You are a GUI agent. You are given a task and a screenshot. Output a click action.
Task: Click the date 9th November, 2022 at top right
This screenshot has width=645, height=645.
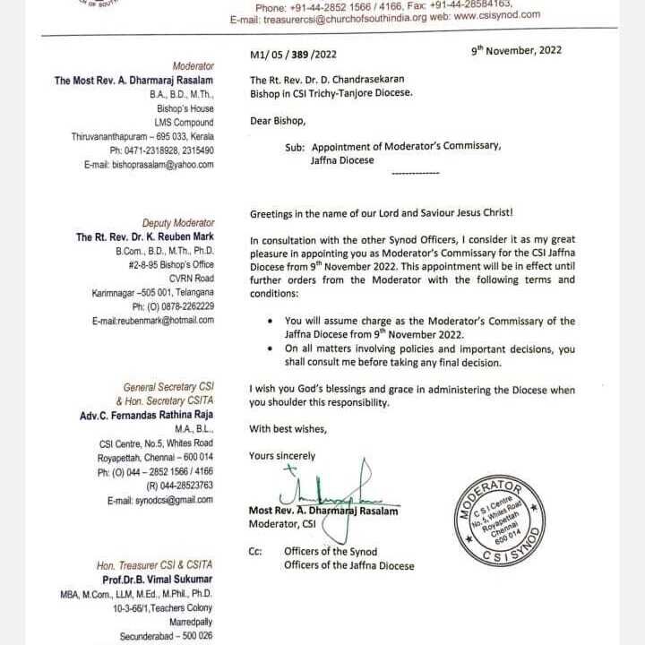pos(517,50)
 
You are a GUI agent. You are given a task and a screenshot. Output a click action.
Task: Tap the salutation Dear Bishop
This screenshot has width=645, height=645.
pos(278,121)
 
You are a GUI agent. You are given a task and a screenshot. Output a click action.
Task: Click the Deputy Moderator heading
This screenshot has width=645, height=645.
pos(178,223)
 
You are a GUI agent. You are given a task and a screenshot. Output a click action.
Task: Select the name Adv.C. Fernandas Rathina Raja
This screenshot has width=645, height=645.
pos(147,416)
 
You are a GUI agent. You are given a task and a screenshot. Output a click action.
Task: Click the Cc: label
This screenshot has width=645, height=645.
pos(256,552)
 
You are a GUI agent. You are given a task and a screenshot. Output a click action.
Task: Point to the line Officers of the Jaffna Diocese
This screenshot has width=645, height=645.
pos(349,565)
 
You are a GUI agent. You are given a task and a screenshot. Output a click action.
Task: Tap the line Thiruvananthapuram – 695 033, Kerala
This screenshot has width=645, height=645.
pos(142,136)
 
